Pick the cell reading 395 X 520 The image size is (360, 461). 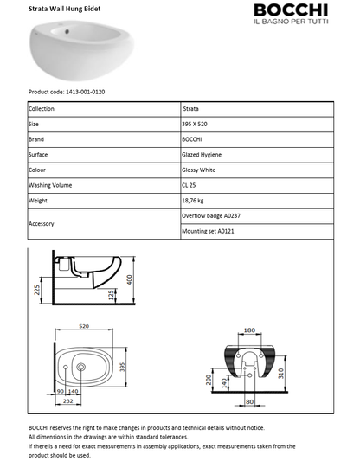point(196,125)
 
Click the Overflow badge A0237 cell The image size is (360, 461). point(213,215)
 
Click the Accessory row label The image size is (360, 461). point(42,223)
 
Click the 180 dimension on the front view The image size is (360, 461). point(249,330)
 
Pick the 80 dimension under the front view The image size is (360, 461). point(249,401)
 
